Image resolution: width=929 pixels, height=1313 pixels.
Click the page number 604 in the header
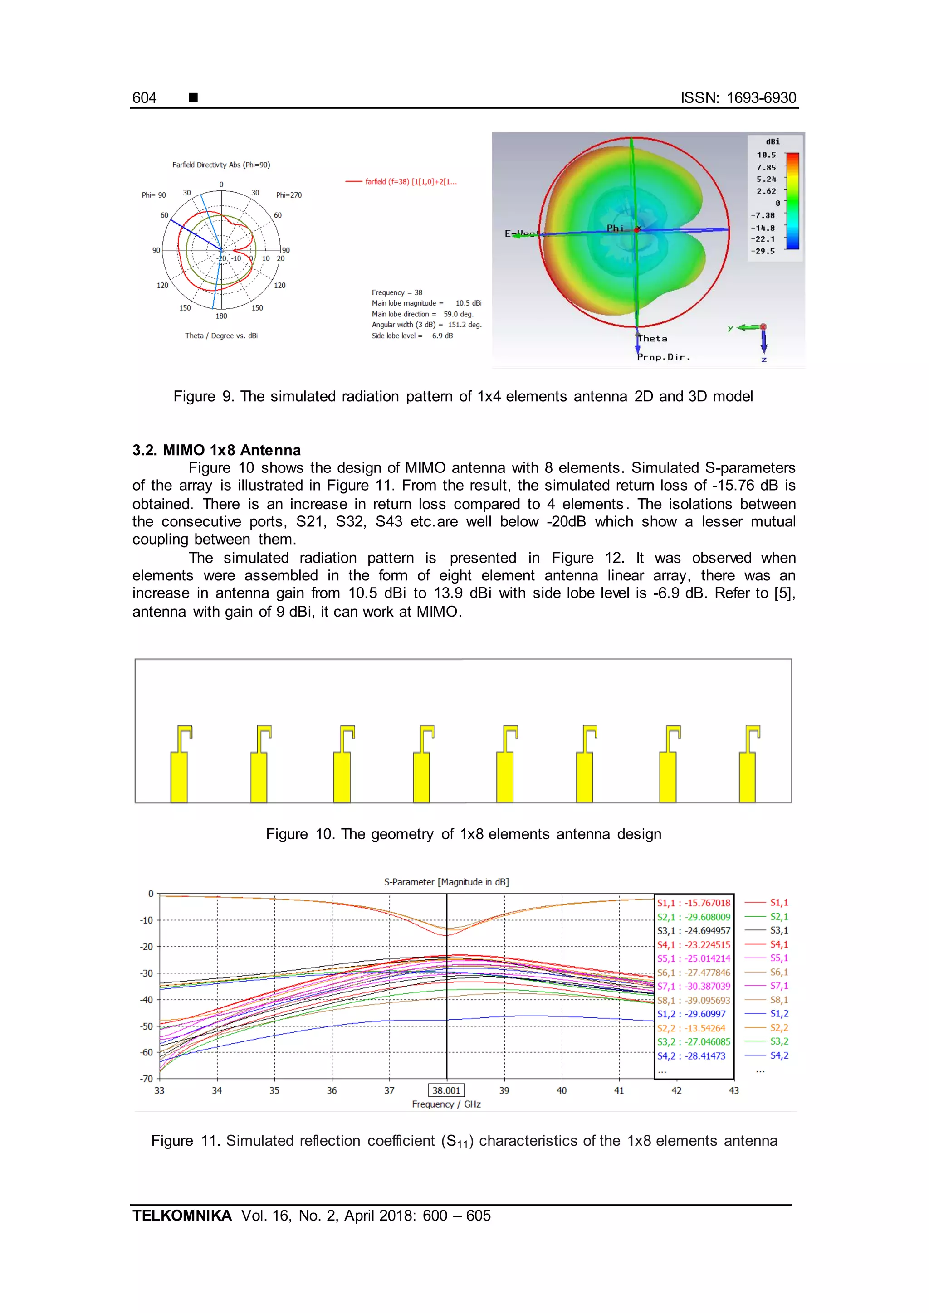click(x=144, y=98)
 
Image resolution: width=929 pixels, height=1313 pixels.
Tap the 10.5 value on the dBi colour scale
click(x=766, y=155)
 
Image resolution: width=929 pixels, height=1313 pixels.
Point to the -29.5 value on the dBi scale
click(x=763, y=251)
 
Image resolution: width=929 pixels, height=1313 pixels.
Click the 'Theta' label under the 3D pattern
click(x=653, y=339)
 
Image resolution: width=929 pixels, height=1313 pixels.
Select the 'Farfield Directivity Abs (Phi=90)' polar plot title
click(x=221, y=165)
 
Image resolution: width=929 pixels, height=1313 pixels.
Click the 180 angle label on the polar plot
click(x=221, y=316)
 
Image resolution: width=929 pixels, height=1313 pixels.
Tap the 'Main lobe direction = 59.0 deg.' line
click(x=422, y=314)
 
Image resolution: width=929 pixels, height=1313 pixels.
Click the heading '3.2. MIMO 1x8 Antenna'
click(x=216, y=450)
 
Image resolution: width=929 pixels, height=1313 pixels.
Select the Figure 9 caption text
click(x=463, y=396)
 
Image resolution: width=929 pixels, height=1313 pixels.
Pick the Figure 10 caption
click(x=463, y=834)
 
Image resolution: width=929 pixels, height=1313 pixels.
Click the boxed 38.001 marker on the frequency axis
click(x=446, y=1090)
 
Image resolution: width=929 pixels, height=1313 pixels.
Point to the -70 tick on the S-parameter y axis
click(x=147, y=1079)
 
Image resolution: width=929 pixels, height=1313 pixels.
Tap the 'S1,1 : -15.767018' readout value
click(x=693, y=903)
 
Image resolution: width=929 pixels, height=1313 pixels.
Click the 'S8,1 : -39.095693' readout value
click(x=693, y=1000)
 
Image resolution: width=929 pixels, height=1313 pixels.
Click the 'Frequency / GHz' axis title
click(x=446, y=1104)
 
